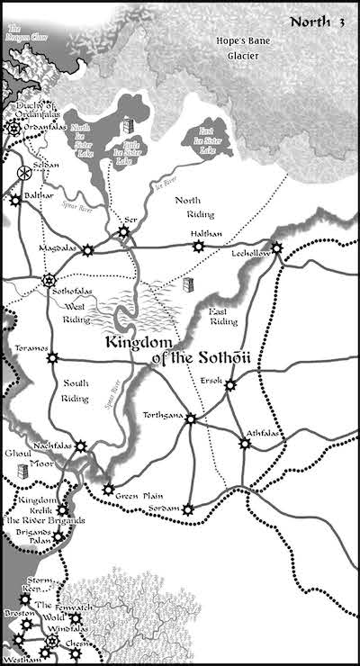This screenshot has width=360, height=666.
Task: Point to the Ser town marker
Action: [123, 232]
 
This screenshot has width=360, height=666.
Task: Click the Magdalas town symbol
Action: [87, 250]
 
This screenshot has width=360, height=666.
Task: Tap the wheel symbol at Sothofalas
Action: [49, 280]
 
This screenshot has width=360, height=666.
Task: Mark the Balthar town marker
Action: [15, 201]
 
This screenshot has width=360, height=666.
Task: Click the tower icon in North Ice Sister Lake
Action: [128, 127]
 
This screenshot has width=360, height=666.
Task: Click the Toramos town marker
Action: [52, 357]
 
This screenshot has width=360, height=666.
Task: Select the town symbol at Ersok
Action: [230, 385]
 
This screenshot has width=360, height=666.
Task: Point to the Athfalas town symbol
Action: [245, 444]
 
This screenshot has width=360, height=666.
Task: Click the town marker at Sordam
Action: [187, 509]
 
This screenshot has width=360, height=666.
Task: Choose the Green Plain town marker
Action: [107, 490]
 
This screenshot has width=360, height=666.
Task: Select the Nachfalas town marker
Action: [81, 445]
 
